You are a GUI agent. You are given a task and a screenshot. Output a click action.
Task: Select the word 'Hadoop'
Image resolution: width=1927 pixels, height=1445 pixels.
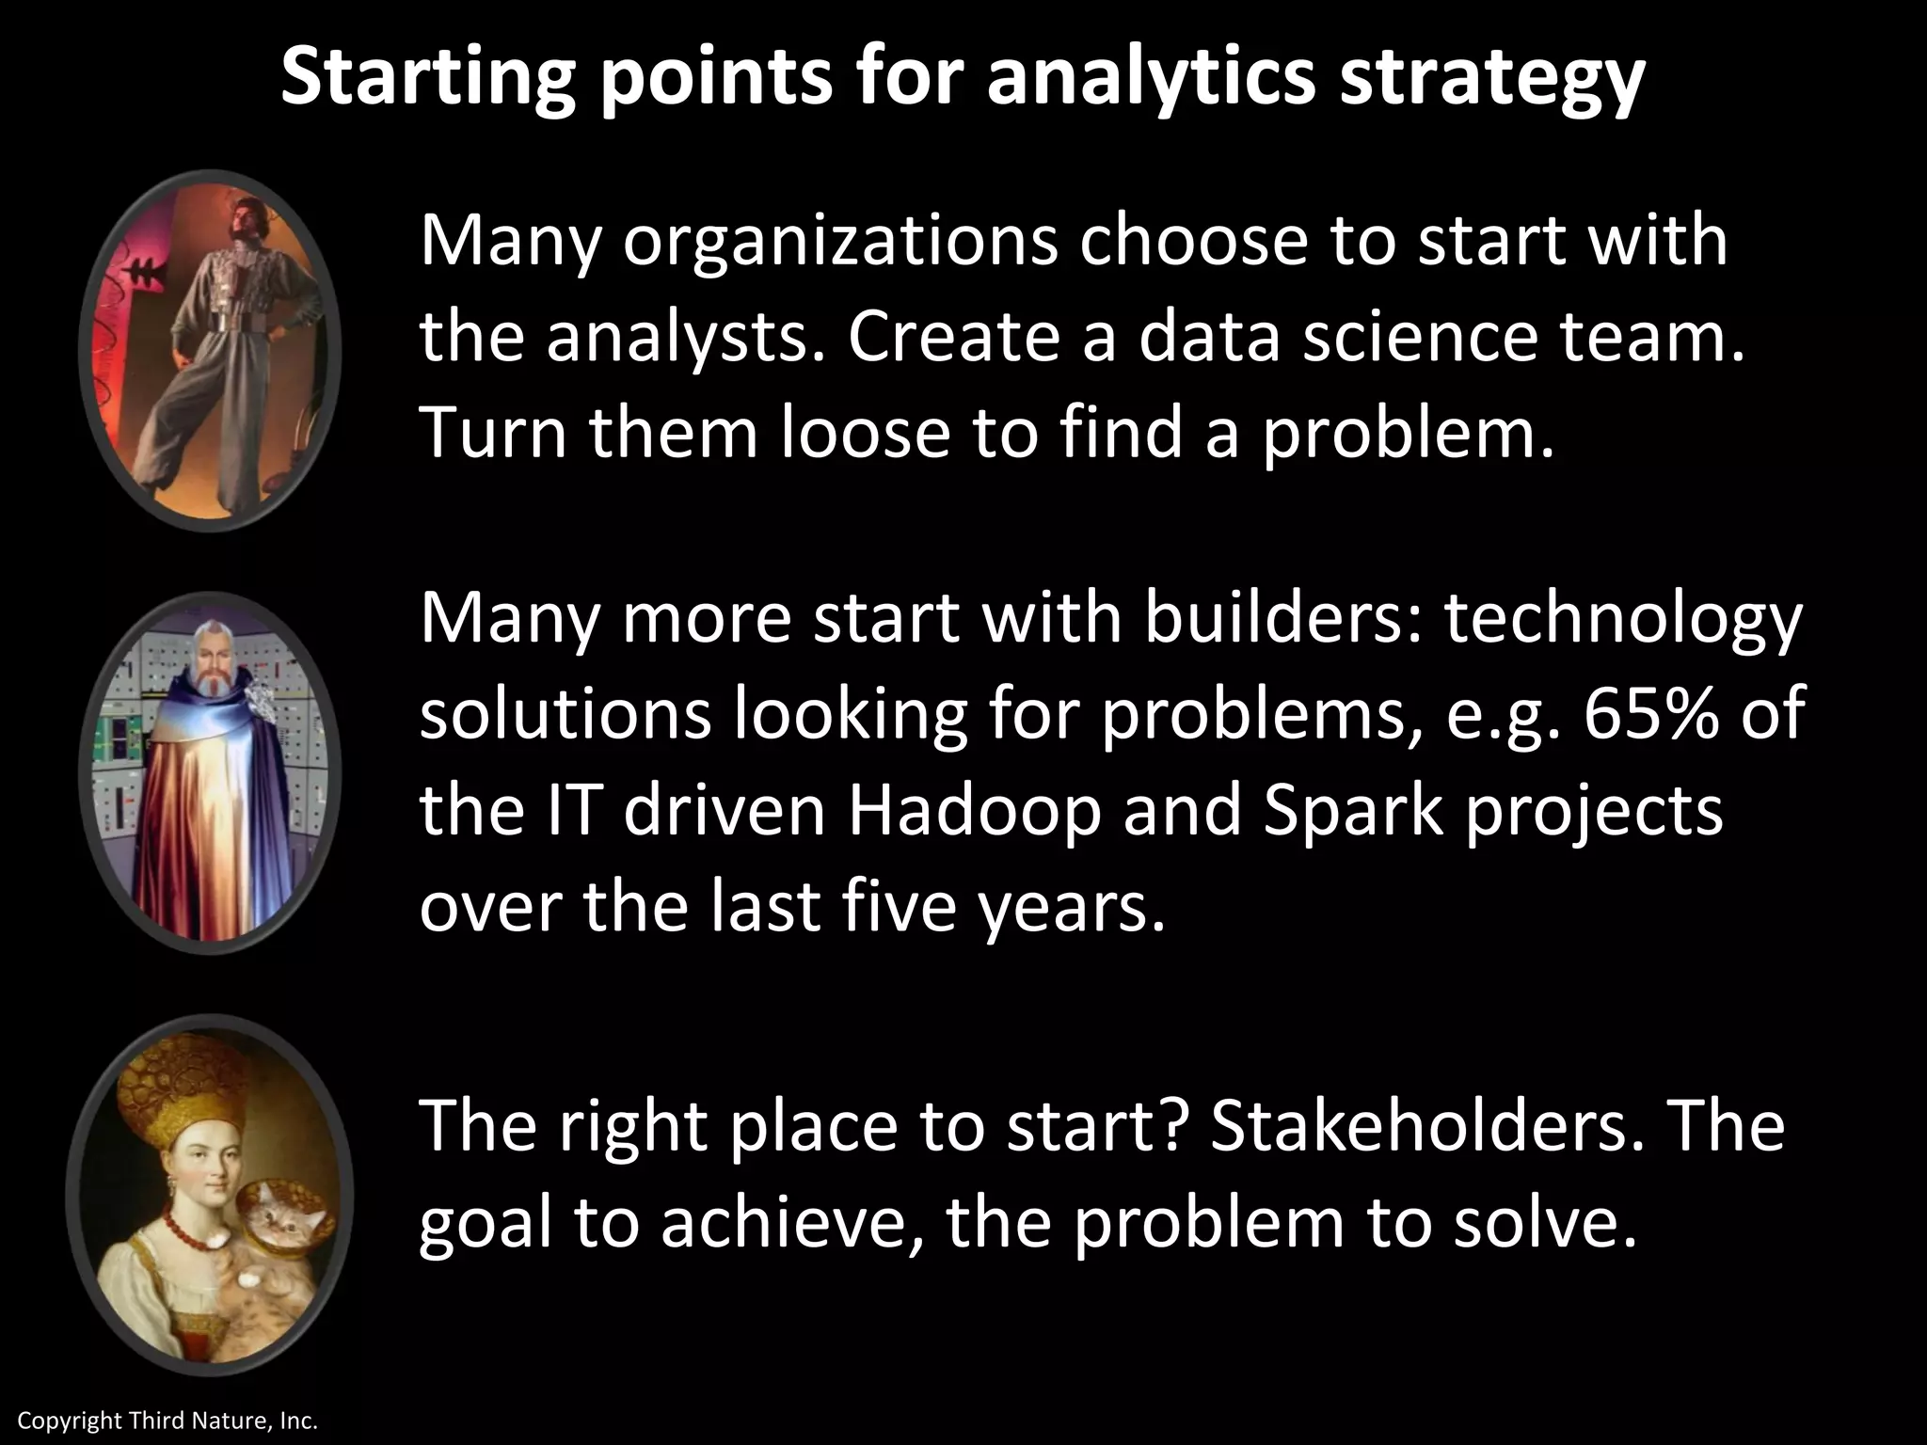974,811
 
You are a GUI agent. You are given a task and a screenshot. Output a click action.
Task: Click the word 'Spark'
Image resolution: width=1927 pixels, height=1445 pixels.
1351,811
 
